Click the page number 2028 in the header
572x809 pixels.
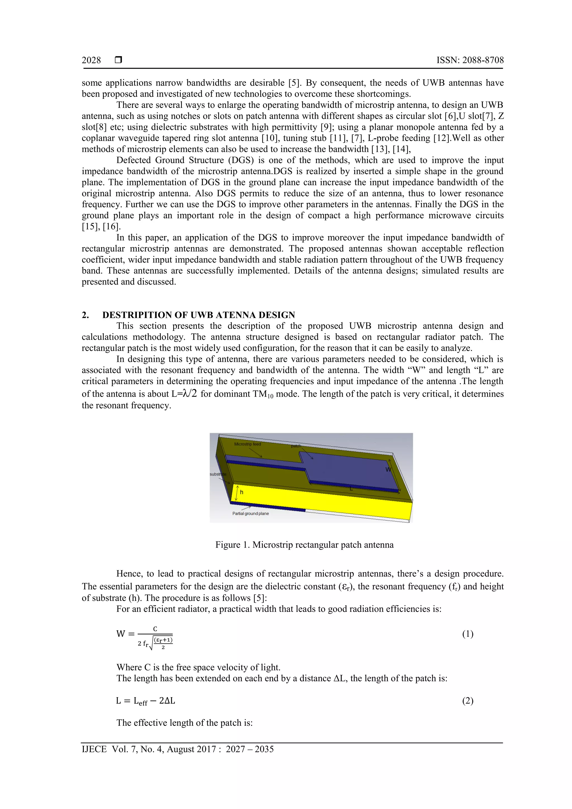(x=91, y=60)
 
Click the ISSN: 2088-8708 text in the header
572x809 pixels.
(x=470, y=60)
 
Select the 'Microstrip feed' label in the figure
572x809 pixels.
(x=247, y=444)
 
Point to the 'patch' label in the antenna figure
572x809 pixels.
(x=296, y=446)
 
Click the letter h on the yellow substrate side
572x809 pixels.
(x=242, y=492)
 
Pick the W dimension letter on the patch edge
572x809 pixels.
(x=388, y=469)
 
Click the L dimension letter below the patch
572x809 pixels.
(x=351, y=489)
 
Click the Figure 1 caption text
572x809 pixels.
(x=304, y=545)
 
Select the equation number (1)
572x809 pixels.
(x=468, y=634)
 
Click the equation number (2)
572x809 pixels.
(x=468, y=701)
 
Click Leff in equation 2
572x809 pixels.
(x=140, y=701)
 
